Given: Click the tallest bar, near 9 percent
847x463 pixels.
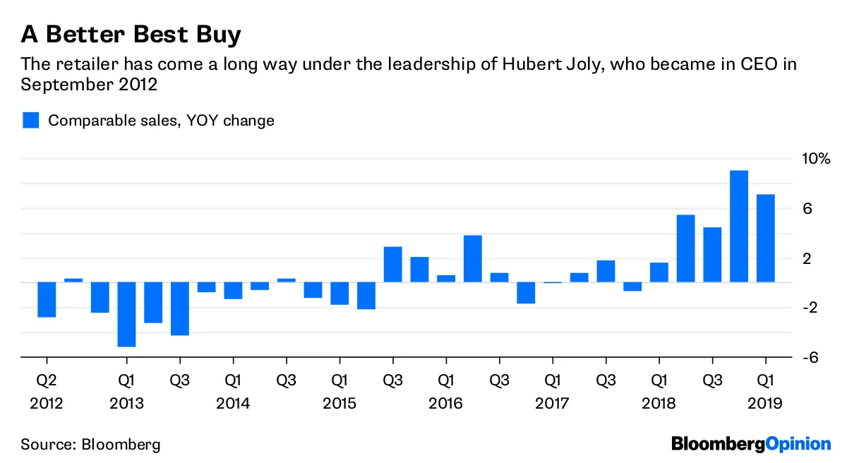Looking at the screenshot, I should tap(739, 226).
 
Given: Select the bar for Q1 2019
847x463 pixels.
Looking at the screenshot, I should tap(766, 239).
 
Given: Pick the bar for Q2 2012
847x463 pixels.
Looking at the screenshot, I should tap(47, 299).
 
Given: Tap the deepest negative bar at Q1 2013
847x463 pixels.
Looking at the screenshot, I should tap(127, 314).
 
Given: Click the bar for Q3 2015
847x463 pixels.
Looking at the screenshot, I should tap(393, 265).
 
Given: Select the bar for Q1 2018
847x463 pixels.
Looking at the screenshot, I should tap(659, 272).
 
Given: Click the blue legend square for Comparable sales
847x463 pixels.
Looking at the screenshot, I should tap(30, 121).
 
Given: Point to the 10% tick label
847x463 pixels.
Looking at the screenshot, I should tap(815, 159).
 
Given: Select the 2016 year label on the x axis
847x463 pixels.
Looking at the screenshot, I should tap(445, 404).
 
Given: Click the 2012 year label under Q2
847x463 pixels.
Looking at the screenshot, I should tap(47, 404).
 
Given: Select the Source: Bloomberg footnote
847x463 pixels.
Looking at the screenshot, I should tap(90, 445).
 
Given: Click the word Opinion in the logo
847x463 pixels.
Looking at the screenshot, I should tap(798, 445).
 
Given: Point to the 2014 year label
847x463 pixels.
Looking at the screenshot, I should tap(233, 404).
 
